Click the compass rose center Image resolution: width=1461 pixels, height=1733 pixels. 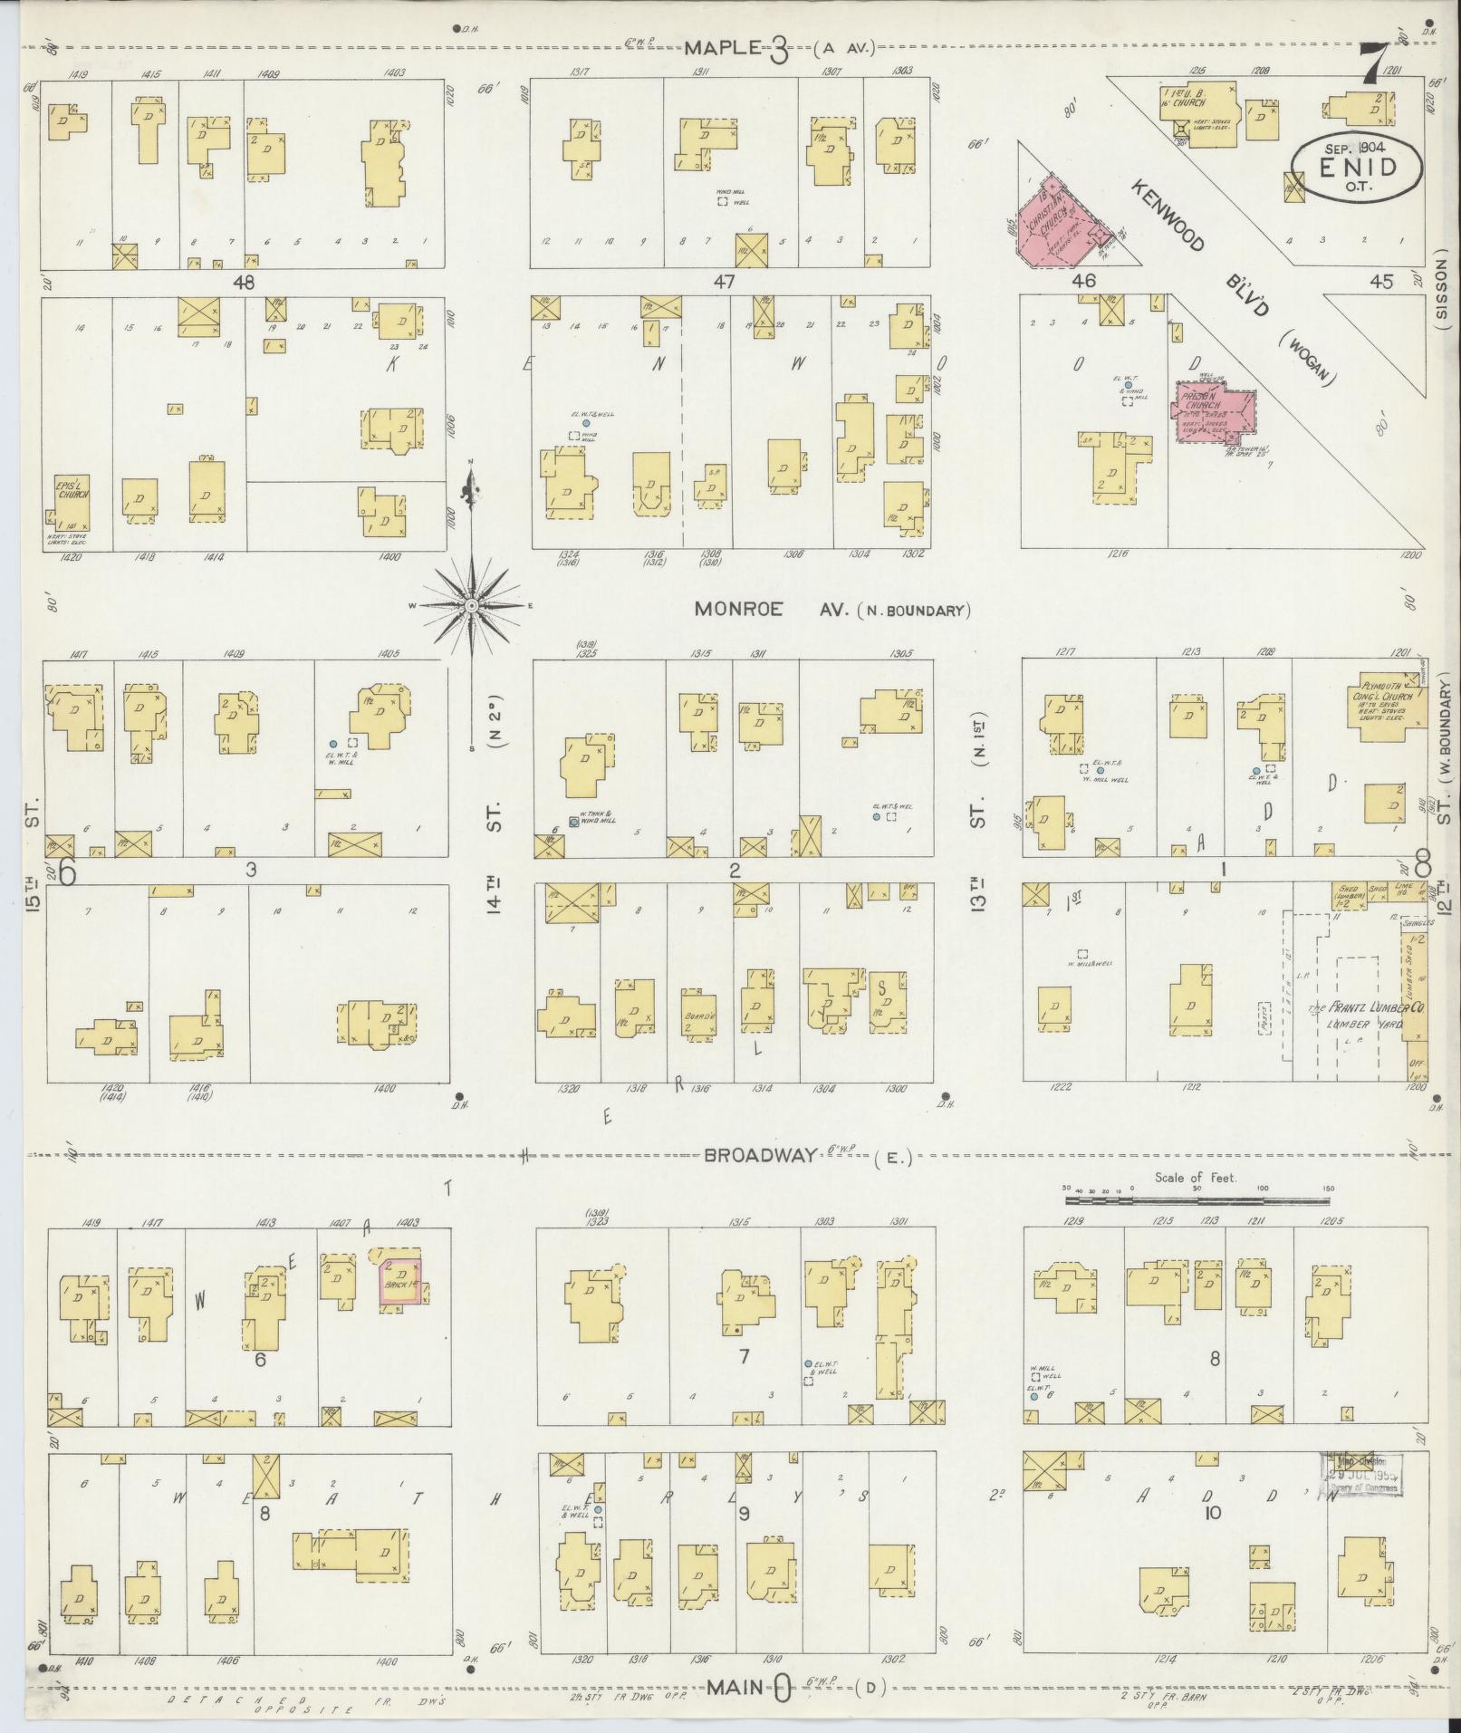click(472, 604)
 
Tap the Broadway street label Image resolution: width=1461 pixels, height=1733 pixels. click(761, 1155)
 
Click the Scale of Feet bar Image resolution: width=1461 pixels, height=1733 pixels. click(1196, 1199)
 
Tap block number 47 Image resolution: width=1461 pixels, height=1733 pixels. click(723, 282)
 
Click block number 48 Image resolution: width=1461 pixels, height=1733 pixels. click(243, 282)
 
